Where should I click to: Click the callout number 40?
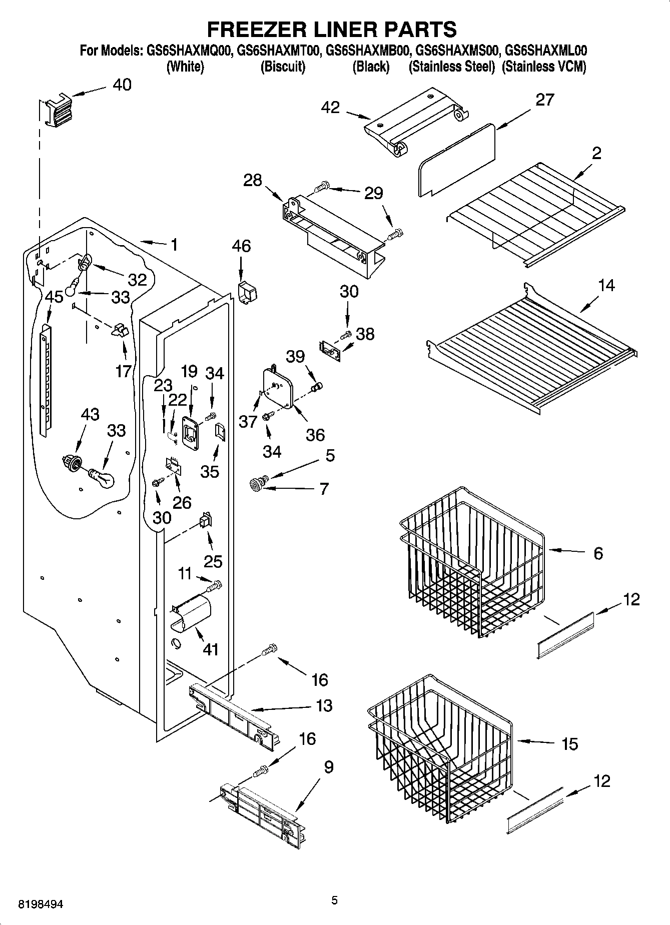122,85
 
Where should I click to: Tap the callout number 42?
330,108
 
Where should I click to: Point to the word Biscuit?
283,67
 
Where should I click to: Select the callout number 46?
241,246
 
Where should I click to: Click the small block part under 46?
246,292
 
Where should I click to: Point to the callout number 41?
211,649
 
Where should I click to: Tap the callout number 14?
606,286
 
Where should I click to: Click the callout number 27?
545,100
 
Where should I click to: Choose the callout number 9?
328,767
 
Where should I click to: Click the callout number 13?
324,705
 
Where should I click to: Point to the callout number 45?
54,297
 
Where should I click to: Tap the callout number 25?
213,561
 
